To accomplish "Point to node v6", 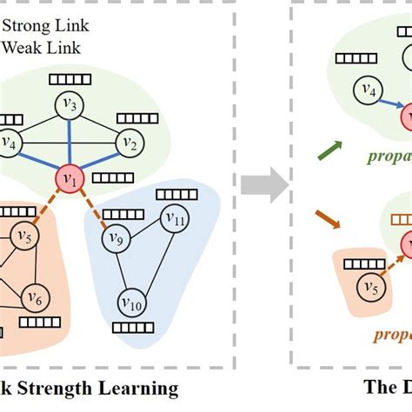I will [x=34, y=297].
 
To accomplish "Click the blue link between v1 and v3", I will [x=70, y=143].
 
